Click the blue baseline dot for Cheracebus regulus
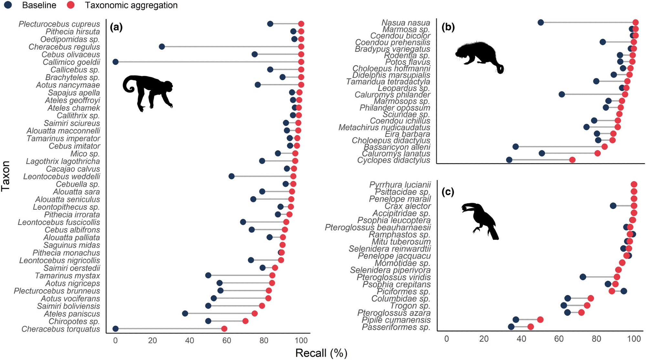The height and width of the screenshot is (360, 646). (x=162, y=47)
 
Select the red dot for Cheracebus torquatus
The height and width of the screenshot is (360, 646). (x=224, y=329)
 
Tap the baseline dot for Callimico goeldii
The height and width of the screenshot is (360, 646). (x=115, y=62)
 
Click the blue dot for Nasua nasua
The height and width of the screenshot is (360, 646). (x=541, y=22)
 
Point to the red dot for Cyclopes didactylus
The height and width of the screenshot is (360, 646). (x=572, y=160)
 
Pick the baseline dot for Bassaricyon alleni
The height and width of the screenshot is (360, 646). (x=516, y=147)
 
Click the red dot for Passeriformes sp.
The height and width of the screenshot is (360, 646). (x=530, y=327)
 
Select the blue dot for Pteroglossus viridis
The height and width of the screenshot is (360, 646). (x=583, y=277)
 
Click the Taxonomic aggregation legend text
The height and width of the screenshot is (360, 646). (x=131, y=5)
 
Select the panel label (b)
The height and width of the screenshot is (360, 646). (x=448, y=27)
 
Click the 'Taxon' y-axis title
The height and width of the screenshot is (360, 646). (x=5, y=176)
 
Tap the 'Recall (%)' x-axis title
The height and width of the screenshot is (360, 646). (x=321, y=353)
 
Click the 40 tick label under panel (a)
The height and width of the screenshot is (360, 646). (x=190, y=340)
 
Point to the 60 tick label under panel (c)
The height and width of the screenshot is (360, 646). (x=559, y=339)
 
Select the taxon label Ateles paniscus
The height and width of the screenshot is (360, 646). (x=72, y=314)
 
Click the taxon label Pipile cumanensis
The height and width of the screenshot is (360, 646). (x=396, y=320)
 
